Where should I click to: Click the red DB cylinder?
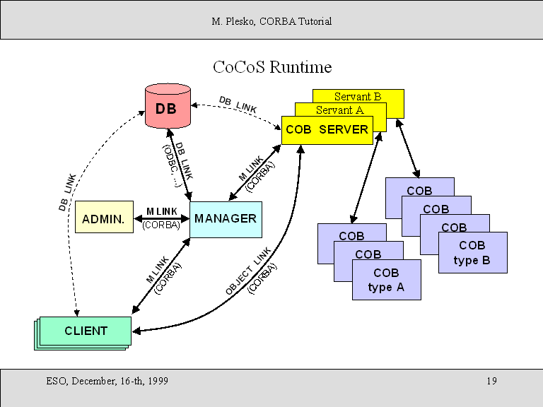(x=168, y=107)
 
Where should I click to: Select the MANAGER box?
(x=226, y=218)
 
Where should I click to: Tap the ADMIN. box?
(x=103, y=219)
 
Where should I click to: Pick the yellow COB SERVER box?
(x=327, y=130)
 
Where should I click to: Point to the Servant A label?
(x=339, y=110)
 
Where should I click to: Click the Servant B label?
(x=358, y=96)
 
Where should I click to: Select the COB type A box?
(x=386, y=280)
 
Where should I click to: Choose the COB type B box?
(x=472, y=253)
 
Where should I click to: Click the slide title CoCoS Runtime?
(x=272, y=67)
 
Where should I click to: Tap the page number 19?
(x=491, y=382)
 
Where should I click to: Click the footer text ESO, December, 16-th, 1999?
(x=107, y=382)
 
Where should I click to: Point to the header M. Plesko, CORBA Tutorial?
(x=271, y=21)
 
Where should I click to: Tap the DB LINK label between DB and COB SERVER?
(x=238, y=105)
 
